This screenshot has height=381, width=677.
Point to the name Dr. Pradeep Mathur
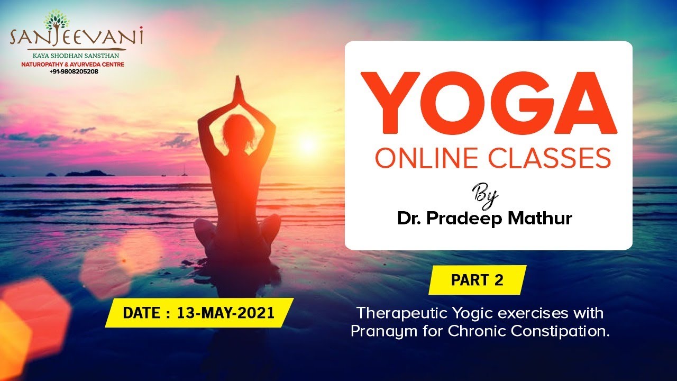(x=484, y=218)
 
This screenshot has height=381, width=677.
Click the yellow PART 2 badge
(x=477, y=280)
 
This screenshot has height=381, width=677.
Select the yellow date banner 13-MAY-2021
(x=199, y=313)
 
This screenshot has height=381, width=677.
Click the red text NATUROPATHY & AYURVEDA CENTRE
(x=76, y=64)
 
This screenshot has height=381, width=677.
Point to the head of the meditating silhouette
(x=237, y=130)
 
